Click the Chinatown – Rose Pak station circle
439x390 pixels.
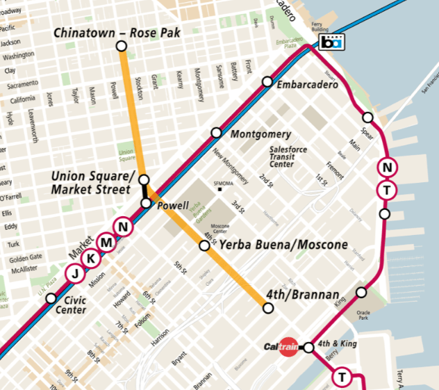[x=122, y=46]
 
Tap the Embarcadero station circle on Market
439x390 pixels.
[x=267, y=82]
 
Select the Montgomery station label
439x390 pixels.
[x=260, y=134]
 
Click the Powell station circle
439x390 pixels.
[x=146, y=203]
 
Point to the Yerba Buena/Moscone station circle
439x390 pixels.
[x=205, y=245]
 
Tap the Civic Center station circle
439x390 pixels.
[x=51, y=298]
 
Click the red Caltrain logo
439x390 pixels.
[x=281, y=347]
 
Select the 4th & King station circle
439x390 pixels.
[x=309, y=348]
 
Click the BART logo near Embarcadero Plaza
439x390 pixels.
[x=332, y=42]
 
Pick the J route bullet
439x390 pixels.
[x=75, y=273]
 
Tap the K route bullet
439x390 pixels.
[x=90, y=258]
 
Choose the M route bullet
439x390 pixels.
[x=106, y=242]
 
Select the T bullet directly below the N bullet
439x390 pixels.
[x=387, y=189]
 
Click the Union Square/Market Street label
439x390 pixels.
[x=90, y=182]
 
